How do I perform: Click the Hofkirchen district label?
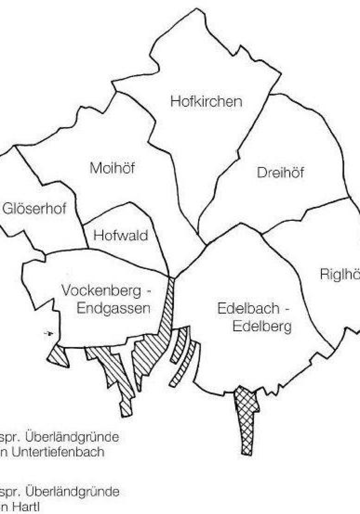(206, 102)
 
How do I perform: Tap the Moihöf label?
(112, 168)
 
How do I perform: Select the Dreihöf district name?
(280, 173)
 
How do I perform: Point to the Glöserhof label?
(34, 208)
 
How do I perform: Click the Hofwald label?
(121, 236)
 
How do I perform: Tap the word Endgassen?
(113, 308)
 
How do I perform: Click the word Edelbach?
(248, 308)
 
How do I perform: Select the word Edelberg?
(262, 326)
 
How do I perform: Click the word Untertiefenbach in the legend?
(58, 452)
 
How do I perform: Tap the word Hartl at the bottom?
(26, 507)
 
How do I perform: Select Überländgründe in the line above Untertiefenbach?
(72, 437)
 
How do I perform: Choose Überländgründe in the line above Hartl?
(72, 492)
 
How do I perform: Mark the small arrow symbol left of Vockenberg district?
(49, 334)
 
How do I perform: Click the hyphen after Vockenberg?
(148, 292)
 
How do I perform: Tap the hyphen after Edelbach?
(287, 309)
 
